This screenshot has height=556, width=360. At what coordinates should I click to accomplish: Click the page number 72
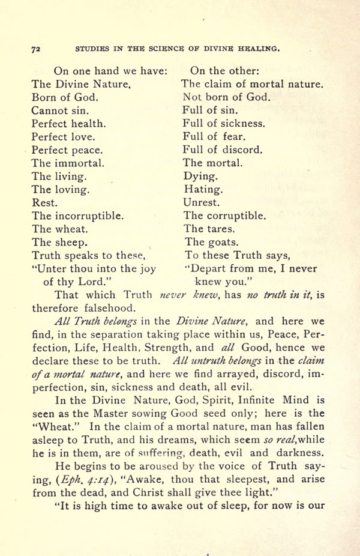tap(35, 49)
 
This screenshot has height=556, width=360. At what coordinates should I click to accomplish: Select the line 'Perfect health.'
tap(69, 124)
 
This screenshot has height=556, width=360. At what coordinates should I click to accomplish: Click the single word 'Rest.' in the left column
tap(45, 202)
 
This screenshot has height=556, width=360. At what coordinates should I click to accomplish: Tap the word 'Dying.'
tap(200, 177)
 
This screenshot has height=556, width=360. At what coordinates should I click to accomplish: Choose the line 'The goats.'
tap(212, 243)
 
